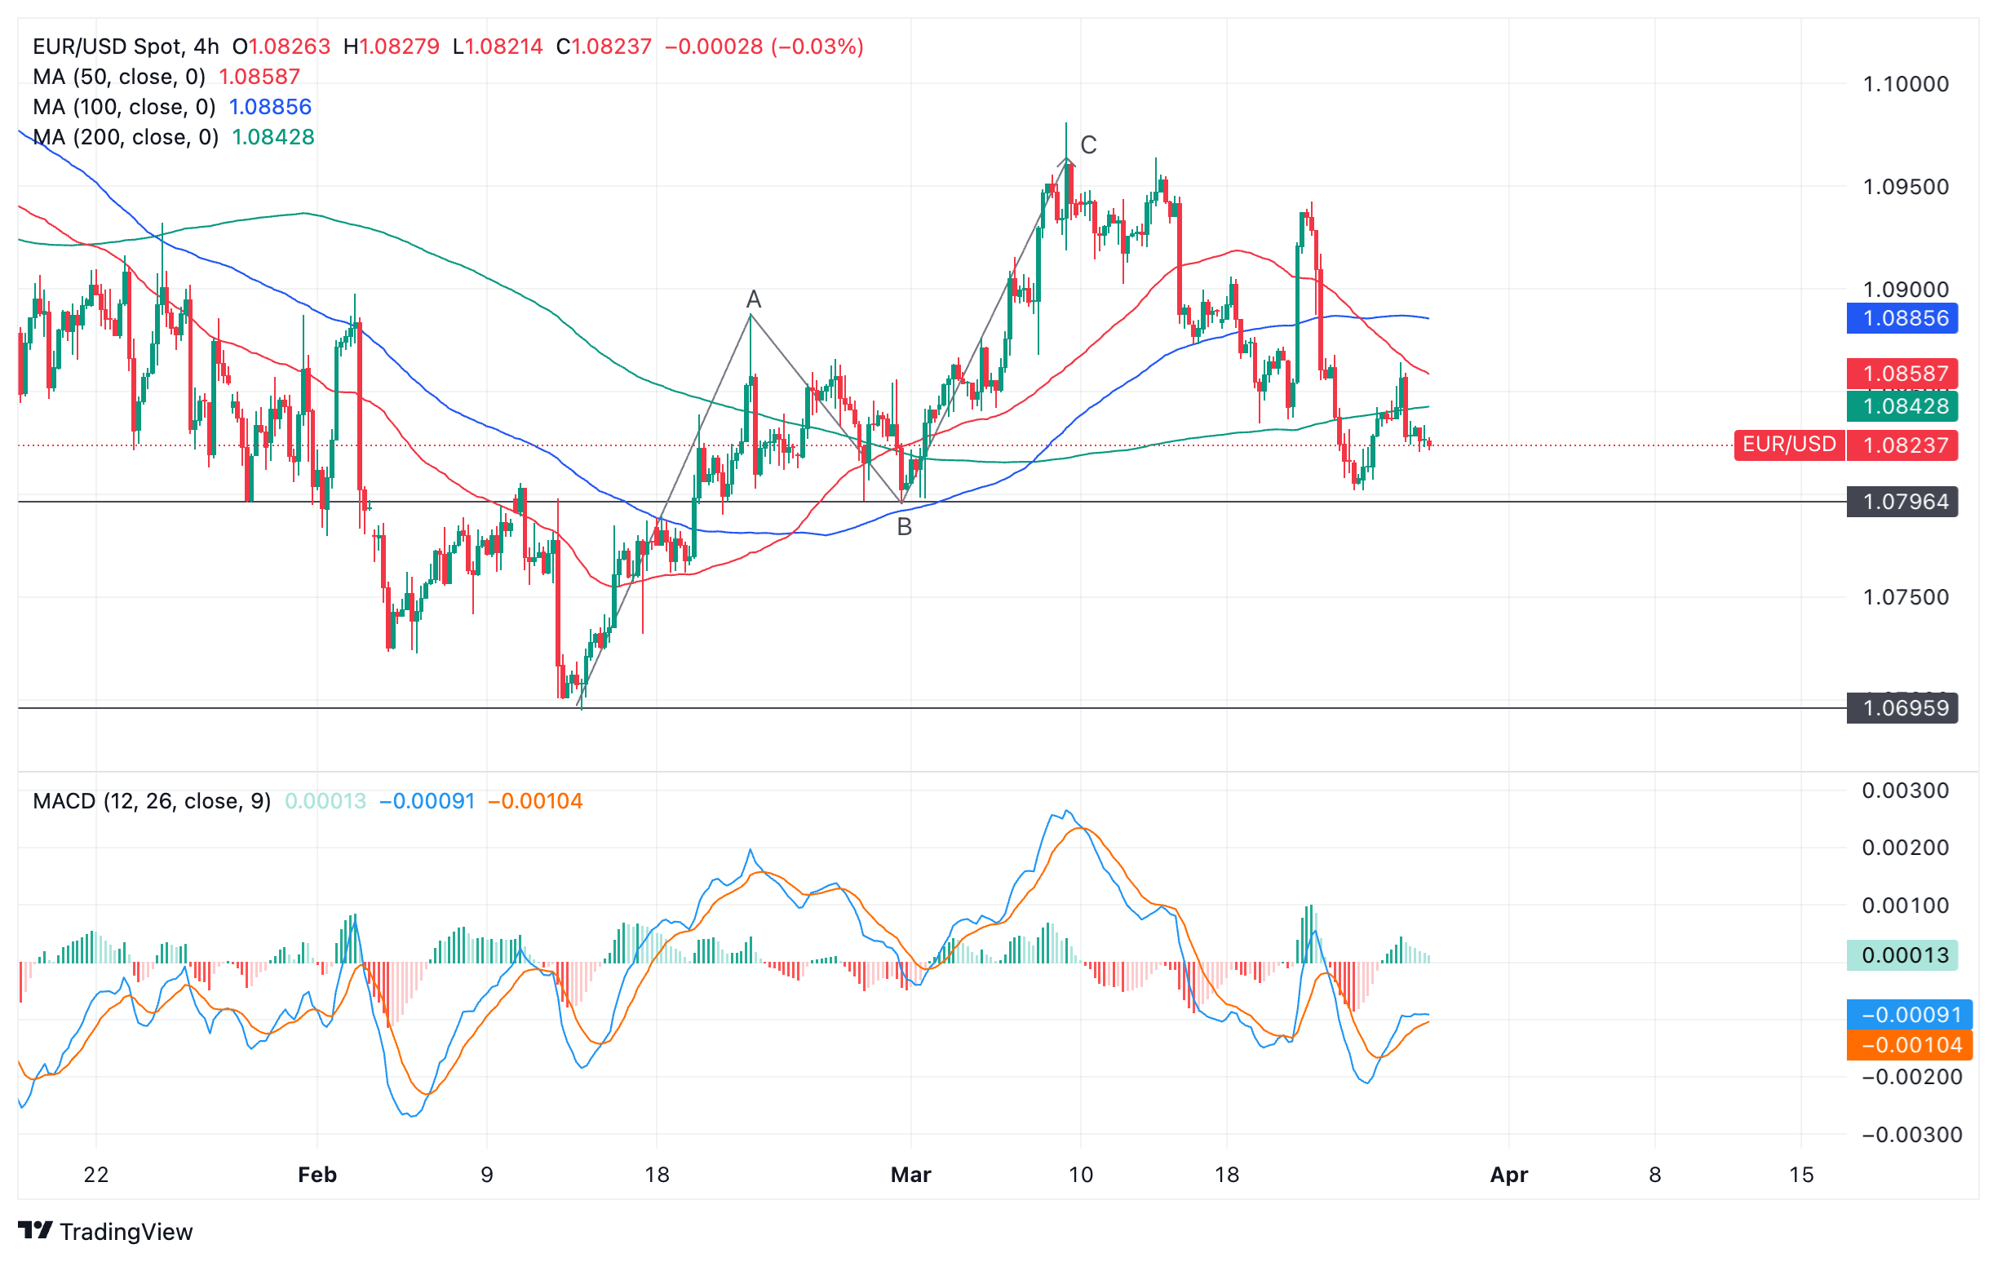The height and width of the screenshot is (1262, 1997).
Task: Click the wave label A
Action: pyautogui.click(x=753, y=299)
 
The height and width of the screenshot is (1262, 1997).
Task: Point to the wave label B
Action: pyautogui.click(x=904, y=526)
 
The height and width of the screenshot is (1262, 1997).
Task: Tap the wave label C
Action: pyautogui.click(x=1088, y=145)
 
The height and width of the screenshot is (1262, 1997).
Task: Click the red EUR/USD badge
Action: pyautogui.click(x=1789, y=445)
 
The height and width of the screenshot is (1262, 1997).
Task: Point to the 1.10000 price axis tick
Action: pyautogui.click(x=1905, y=84)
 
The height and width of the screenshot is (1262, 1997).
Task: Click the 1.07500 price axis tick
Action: pyautogui.click(x=1905, y=597)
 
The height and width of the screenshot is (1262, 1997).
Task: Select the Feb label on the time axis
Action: pyautogui.click(x=317, y=1174)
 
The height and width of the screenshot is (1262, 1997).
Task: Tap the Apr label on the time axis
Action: pyautogui.click(x=1508, y=1174)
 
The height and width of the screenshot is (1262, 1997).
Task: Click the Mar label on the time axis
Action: pyautogui.click(x=910, y=1174)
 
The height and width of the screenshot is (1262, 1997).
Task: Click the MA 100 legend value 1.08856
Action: pyautogui.click(x=269, y=107)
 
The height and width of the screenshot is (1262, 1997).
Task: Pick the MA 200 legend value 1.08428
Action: pyautogui.click(x=272, y=137)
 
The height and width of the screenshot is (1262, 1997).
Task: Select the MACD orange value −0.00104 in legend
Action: pyautogui.click(x=535, y=801)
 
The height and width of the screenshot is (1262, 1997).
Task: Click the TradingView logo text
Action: pyautogui.click(x=126, y=1231)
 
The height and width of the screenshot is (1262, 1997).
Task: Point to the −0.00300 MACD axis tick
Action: pyautogui.click(x=1911, y=1134)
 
